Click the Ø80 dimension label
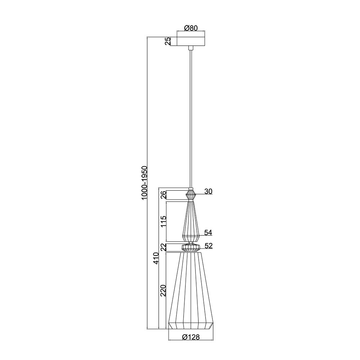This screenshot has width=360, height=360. [191, 28]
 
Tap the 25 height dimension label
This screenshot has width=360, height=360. [168, 41]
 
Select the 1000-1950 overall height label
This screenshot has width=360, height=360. [144, 183]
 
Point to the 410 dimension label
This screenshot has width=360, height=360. [156, 258]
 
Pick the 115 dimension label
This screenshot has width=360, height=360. [163, 221]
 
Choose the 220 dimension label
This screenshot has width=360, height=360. [163, 291]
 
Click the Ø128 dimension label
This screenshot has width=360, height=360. [191, 337]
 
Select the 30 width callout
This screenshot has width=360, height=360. [208, 191]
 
